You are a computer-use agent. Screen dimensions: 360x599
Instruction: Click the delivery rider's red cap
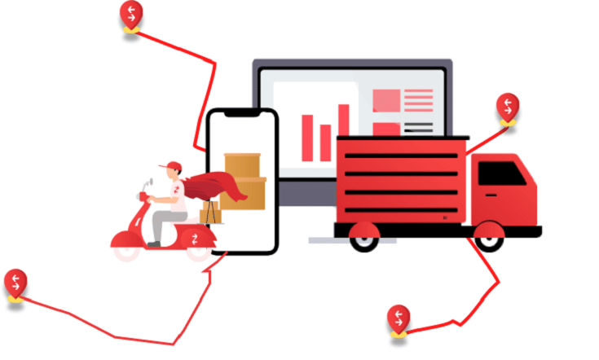[x=170, y=168]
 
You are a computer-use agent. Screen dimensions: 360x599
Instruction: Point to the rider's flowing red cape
[x=214, y=187]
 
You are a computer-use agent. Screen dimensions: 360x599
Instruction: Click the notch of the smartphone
[x=242, y=115]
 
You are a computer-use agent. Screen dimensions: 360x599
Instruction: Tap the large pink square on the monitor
[x=386, y=100]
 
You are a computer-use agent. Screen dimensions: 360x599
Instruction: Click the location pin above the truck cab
[x=508, y=108]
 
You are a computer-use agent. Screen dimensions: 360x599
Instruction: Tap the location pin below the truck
[x=399, y=318]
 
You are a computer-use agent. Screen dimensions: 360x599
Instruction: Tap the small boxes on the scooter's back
[x=209, y=212]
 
